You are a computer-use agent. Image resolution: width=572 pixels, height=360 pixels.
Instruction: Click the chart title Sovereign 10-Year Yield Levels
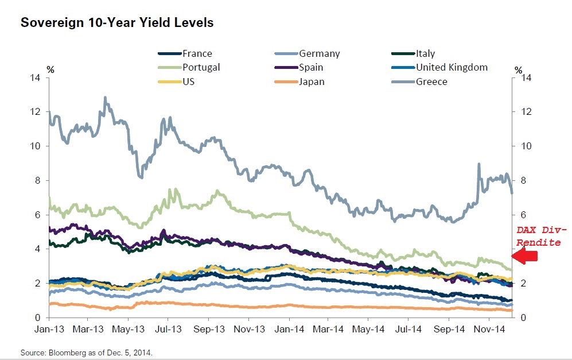[116, 23]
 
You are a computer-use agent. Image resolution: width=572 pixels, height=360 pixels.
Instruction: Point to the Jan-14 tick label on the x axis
[289, 330]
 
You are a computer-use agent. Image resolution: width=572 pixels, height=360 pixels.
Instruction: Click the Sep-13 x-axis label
[209, 330]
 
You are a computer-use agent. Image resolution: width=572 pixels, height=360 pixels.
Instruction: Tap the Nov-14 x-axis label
[489, 330]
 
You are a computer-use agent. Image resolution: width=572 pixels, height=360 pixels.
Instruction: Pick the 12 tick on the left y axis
[36, 111]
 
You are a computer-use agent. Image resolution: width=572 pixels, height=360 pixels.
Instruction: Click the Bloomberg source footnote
[87, 351]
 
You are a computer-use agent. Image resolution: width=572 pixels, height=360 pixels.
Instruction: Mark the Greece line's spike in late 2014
[478, 165]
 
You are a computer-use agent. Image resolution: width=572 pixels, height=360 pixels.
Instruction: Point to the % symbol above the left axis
[50, 70]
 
